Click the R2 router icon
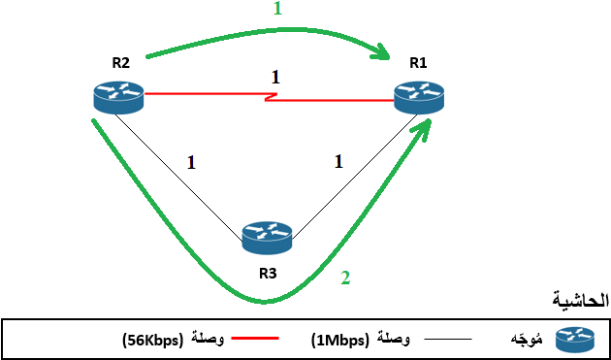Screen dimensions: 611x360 pyautogui.click(x=118, y=95)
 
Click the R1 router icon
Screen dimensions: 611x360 pyautogui.click(x=418, y=95)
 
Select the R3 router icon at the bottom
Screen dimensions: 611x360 pyautogui.click(x=267, y=235)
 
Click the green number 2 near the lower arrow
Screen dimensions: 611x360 pyautogui.click(x=343, y=278)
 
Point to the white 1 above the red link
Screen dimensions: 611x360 pyautogui.click(x=275, y=76)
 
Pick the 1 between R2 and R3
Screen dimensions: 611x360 pyautogui.click(x=191, y=162)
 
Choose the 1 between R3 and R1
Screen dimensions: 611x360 pyautogui.click(x=338, y=162)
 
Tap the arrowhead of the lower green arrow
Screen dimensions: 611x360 pyautogui.click(x=426, y=129)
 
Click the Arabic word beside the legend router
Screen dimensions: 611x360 pyautogui.click(x=525, y=340)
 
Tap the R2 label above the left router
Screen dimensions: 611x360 pyautogui.click(x=120, y=63)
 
